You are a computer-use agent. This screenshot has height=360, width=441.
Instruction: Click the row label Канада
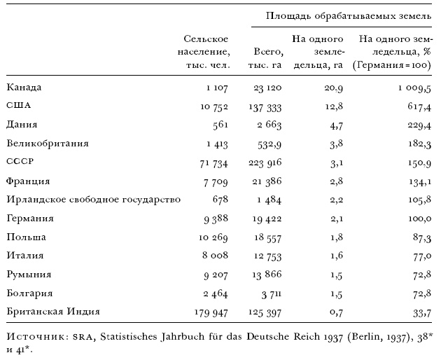tap(24, 88)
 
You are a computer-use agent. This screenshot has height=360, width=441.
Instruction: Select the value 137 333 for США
tap(265, 106)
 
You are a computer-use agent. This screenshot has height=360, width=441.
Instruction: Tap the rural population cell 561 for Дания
tap(218, 125)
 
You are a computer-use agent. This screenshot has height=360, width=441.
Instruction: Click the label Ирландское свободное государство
tap(93, 199)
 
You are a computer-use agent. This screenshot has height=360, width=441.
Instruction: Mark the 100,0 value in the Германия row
tap(416, 218)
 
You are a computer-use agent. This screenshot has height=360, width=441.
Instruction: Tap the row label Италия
tap(24, 255)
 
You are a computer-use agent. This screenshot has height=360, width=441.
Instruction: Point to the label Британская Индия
tap(53, 310)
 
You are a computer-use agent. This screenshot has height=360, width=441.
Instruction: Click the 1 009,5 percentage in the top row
tap(410, 88)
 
